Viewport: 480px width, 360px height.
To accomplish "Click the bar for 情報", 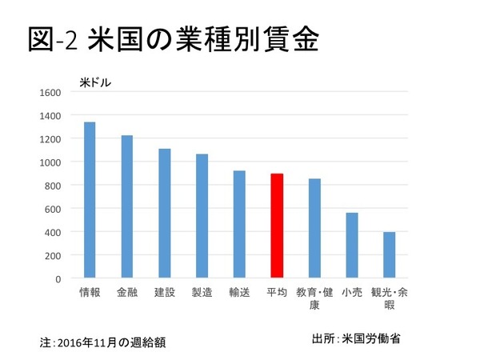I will click(90, 200).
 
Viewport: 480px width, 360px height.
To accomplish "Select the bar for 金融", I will click(127, 207).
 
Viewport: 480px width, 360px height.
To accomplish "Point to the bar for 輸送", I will click(239, 225).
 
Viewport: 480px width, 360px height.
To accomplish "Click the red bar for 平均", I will click(277, 226).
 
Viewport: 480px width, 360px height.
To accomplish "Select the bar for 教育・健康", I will click(314, 229).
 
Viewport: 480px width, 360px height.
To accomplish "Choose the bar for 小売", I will click(352, 246).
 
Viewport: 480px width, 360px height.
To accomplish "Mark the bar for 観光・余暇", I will click(389, 255).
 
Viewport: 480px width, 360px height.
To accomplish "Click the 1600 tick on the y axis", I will click(50, 92).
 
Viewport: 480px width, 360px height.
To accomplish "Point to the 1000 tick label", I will click(50, 162).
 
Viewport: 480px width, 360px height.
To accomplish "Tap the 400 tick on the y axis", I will click(52, 232).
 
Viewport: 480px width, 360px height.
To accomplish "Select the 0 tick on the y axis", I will click(58, 278).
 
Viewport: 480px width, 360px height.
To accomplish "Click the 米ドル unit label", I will click(95, 80).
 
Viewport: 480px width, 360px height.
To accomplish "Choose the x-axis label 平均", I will click(277, 293).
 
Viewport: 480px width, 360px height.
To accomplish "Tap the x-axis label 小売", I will click(352, 293).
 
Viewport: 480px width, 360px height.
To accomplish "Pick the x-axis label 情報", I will click(90, 293).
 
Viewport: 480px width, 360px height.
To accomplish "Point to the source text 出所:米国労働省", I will click(357, 338).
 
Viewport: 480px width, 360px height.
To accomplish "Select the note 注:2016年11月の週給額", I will click(105, 342).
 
